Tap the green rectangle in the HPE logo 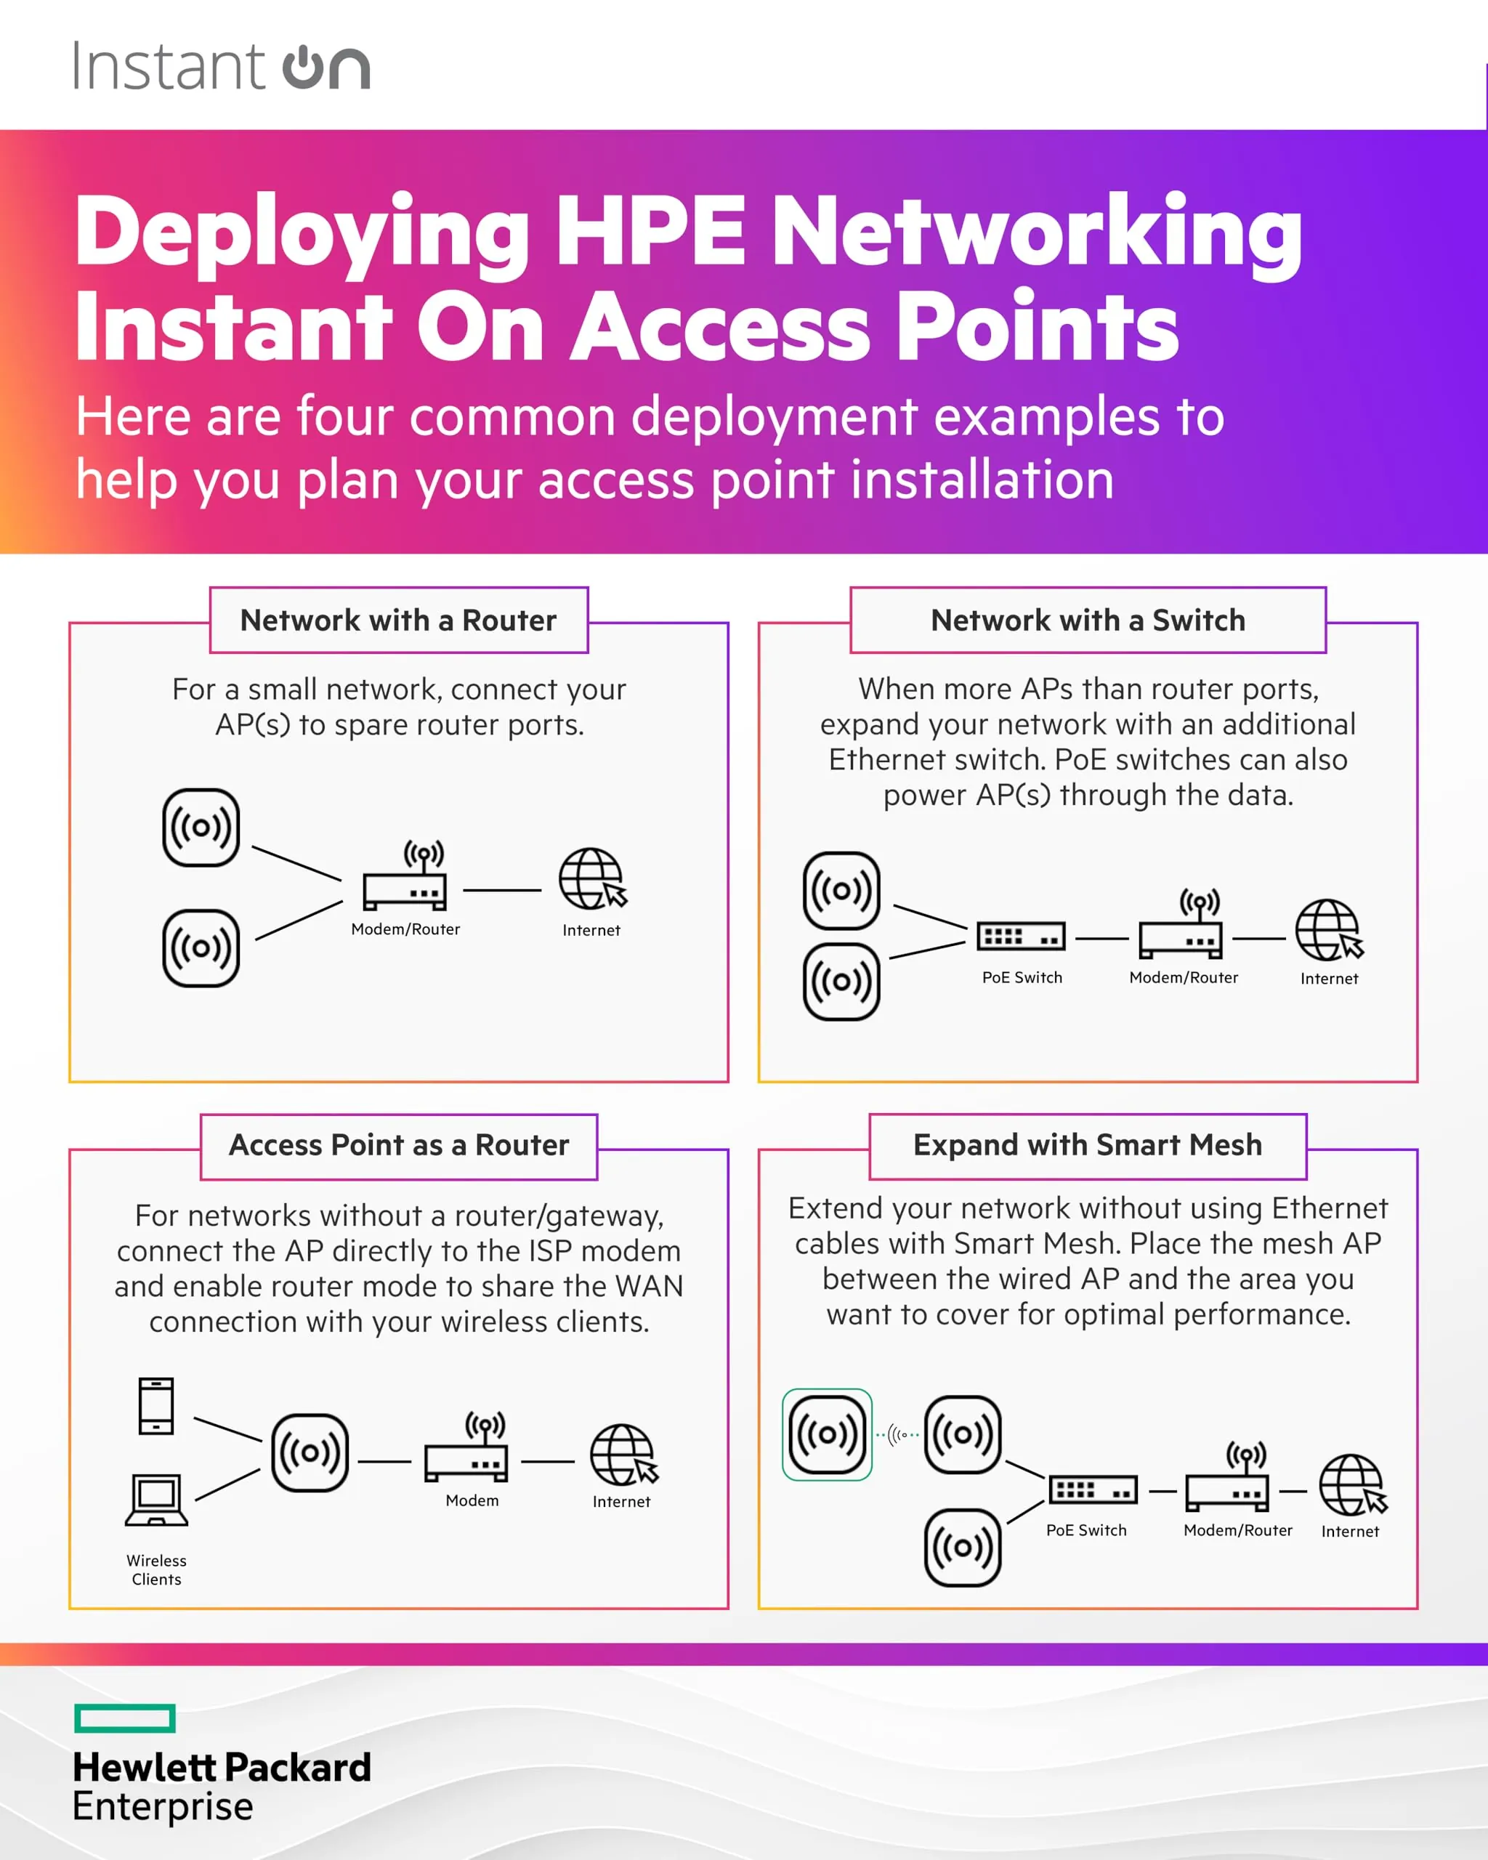[125, 1718]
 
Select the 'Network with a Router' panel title [399, 620]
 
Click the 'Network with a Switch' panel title [1088, 620]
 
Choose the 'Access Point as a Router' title [399, 1145]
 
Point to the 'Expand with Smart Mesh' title [1088, 1145]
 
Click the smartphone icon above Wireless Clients [156, 1406]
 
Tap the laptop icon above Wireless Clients [156, 1500]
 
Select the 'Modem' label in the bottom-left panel [472, 1500]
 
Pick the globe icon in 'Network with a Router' [591, 878]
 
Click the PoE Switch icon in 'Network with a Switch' [1022, 936]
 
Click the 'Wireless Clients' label [156, 1569]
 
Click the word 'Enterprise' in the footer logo [163, 1806]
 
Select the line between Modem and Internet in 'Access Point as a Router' [548, 1461]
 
